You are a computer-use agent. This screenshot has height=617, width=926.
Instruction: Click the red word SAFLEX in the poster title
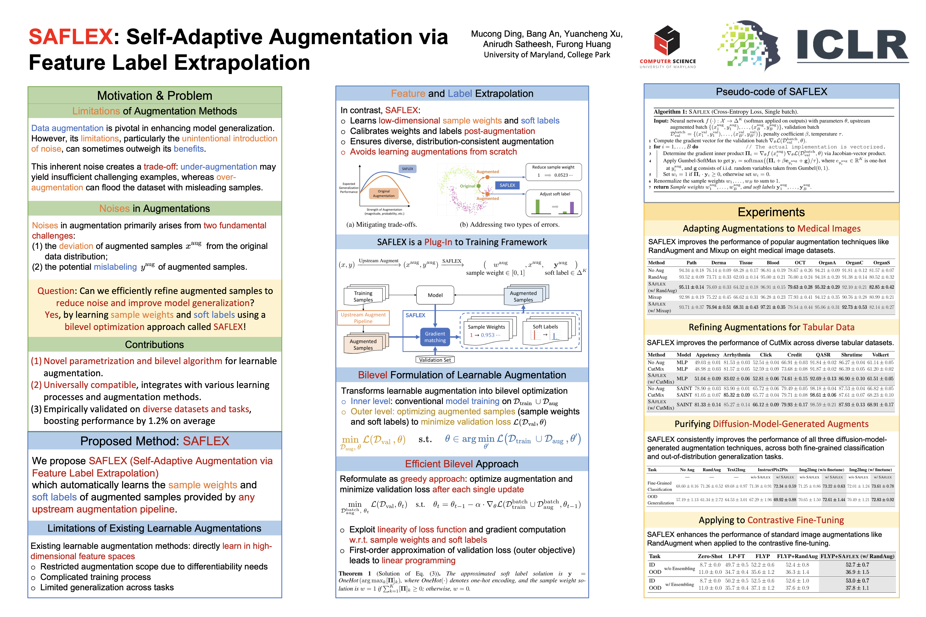[x=71, y=37]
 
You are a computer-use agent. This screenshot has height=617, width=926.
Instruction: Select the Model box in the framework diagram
[x=435, y=295]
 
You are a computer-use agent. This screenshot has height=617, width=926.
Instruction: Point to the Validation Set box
[x=435, y=360]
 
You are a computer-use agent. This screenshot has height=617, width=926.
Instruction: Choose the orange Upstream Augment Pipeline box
[x=363, y=318]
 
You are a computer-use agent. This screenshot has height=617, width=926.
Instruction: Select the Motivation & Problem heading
[x=155, y=96]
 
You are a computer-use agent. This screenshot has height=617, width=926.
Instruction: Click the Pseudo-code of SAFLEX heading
[x=771, y=92]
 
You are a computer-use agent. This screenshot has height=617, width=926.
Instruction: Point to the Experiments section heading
[x=771, y=212]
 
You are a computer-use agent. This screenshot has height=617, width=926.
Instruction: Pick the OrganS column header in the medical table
[x=881, y=262]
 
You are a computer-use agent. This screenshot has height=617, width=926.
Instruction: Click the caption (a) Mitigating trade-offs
[x=382, y=225]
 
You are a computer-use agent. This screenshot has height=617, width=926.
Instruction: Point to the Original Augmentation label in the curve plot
[x=383, y=193]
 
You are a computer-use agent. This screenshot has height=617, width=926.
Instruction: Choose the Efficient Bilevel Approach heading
[x=462, y=464]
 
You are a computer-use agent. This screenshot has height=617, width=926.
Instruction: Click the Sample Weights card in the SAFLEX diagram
[x=487, y=331]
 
